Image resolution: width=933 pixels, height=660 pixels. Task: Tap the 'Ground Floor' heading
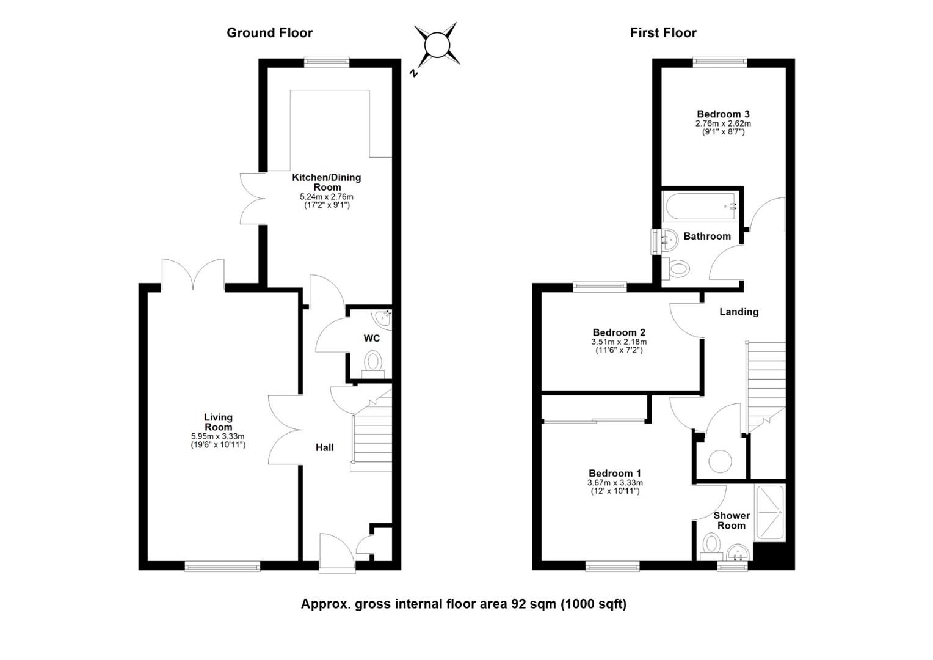tap(269, 33)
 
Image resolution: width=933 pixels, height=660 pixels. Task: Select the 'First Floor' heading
tap(663, 33)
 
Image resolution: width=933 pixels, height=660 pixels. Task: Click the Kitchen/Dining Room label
tap(327, 182)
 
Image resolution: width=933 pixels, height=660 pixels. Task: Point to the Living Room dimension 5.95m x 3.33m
tap(218, 436)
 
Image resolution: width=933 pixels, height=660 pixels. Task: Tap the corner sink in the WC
tap(384, 317)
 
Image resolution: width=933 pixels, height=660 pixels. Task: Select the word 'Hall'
tap(324, 447)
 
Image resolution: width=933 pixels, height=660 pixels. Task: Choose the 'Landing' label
tap(739, 312)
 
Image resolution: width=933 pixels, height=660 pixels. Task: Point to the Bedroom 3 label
tap(723, 114)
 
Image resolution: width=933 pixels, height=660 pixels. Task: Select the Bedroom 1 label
tap(615, 473)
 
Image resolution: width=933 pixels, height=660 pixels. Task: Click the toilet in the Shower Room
tap(710, 543)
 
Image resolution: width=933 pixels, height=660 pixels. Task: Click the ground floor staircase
tap(371, 434)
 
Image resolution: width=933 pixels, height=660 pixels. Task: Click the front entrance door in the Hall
tap(336, 553)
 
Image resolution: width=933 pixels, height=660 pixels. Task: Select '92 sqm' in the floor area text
tap(529, 604)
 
